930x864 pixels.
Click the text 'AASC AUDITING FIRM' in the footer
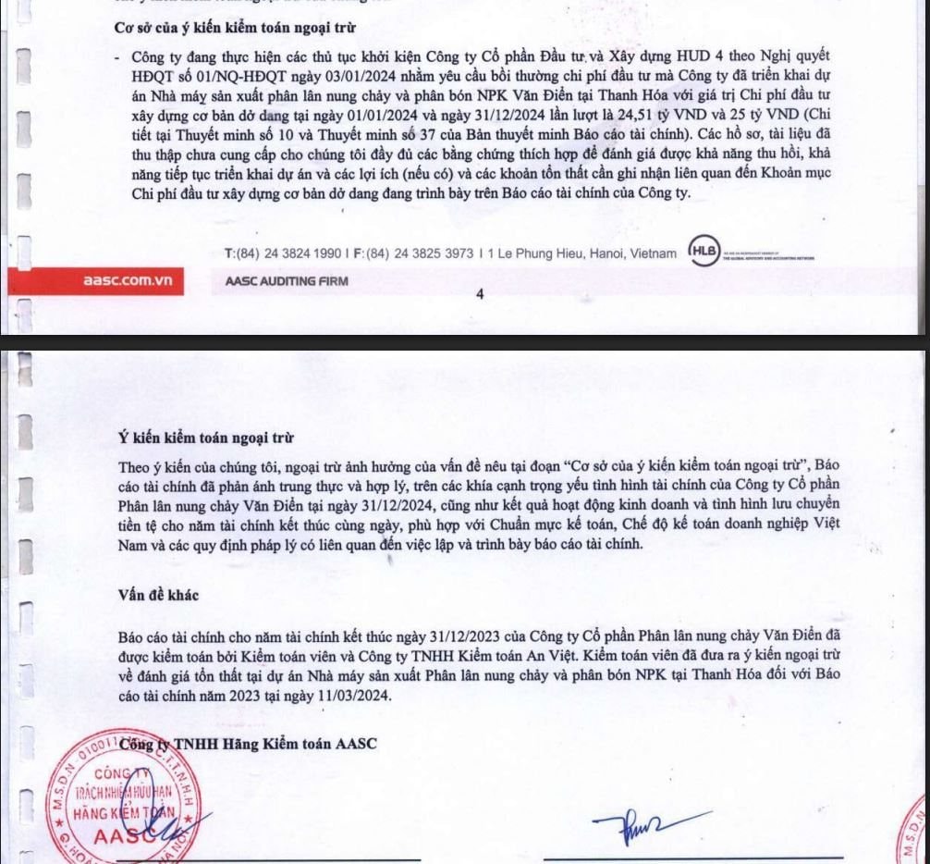point(288,280)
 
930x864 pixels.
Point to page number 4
point(480,295)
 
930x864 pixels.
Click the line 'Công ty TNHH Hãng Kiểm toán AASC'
point(250,745)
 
